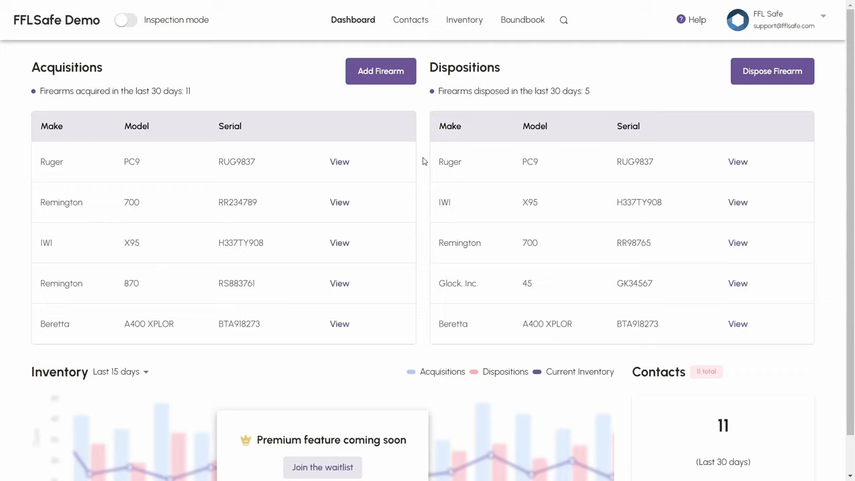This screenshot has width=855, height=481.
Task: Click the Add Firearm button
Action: pos(380,71)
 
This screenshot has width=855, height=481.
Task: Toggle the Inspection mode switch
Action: pos(125,20)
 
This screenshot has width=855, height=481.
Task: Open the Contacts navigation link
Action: pos(410,20)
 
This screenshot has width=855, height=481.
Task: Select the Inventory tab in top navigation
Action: pos(464,20)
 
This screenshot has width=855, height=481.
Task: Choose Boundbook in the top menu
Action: pos(522,20)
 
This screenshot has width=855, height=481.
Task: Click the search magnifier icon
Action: pos(564,20)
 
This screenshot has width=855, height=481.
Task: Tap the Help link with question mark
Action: pos(691,20)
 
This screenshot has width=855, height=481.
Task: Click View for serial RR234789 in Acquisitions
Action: pos(339,202)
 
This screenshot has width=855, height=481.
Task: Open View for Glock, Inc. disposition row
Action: pos(737,283)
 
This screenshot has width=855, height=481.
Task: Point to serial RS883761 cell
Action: pos(236,283)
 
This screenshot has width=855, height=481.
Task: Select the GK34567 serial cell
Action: pos(634,283)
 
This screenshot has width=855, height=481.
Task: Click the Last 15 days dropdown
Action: pos(120,372)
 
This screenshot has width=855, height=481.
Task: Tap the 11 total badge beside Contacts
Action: pos(706,371)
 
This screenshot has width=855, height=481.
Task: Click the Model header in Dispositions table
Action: pos(534,126)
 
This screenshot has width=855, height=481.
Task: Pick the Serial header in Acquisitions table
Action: pos(230,126)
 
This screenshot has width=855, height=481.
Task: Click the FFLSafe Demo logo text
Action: pos(57,20)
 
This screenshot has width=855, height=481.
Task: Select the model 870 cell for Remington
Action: pos(132,283)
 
